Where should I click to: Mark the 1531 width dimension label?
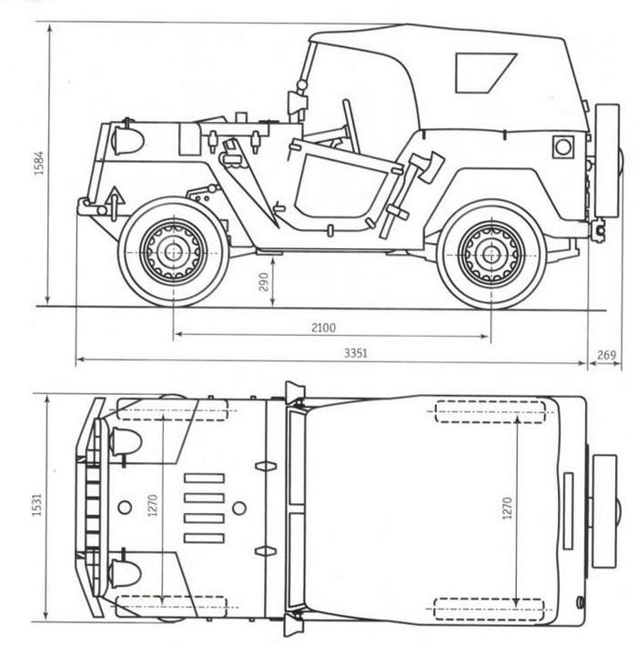[38, 507]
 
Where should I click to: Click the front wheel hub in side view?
[172, 251]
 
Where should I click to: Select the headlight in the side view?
[127, 140]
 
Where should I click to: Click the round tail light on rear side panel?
[563, 146]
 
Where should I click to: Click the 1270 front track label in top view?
[154, 506]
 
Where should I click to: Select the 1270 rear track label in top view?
[507, 509]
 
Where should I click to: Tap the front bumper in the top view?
[92, 507]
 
